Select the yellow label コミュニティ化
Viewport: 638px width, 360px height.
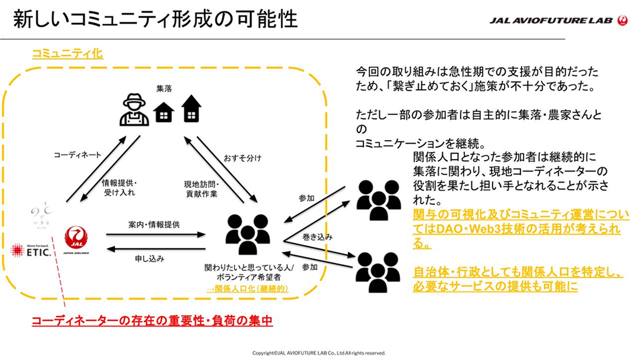pos(67,54)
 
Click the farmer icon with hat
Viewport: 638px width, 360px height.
pos(134,109)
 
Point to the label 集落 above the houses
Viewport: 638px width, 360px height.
pos(164,89)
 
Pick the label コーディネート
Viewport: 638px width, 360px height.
pos(77,155)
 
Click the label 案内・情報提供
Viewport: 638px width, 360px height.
pos(154,225)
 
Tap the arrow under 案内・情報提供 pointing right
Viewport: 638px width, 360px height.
pos(155,235)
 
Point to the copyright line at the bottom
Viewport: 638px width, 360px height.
pos(319,352)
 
